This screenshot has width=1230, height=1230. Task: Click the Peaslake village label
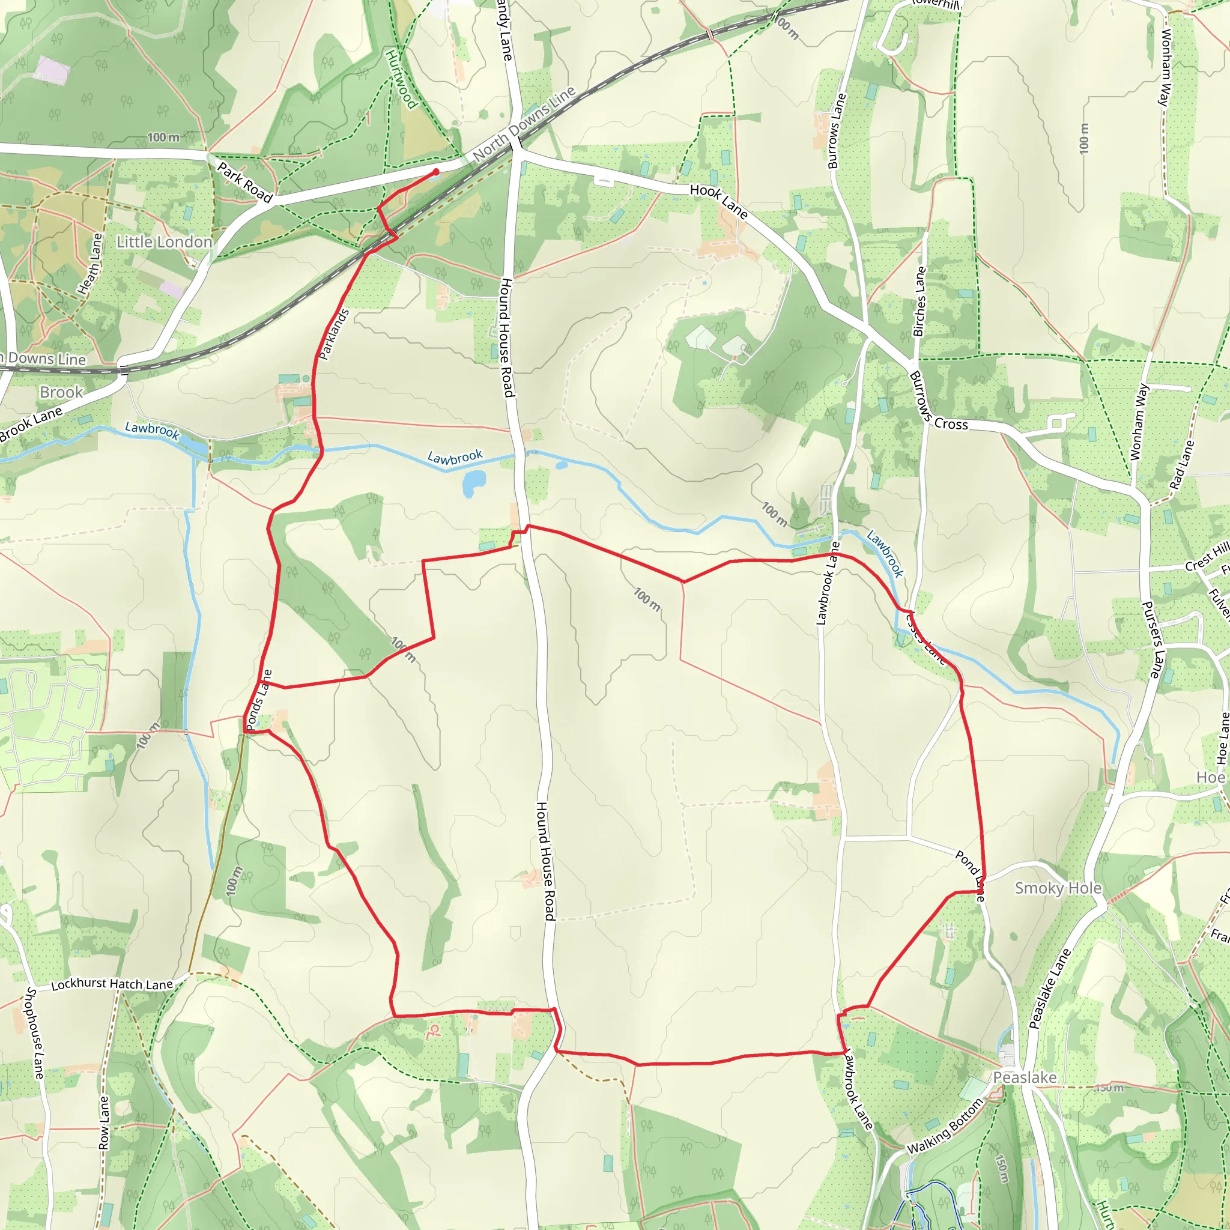(x=1025, y=1077)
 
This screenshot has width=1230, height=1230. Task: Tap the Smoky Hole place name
(x=1058, y=888)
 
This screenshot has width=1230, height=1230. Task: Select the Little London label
(x=164, y=242)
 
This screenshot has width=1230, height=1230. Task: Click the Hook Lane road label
(x=719, y=201)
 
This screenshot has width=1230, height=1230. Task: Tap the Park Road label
(x=245, y=183)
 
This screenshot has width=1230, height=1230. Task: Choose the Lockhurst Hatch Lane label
(x=112, y=984)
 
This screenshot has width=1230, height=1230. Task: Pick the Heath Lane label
(x=89, y=264)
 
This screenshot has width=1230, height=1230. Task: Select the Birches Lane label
(x=919, y=301)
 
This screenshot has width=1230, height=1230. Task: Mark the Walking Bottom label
(x=945, y=1129)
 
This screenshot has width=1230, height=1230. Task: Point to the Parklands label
(x=335, y=335)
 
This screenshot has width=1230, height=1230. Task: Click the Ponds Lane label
(x=259, y=700)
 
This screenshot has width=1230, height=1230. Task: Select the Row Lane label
(x=104, y=1122)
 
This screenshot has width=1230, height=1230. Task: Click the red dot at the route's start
(x=436, y=172)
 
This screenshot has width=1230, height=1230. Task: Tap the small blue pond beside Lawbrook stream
(x=474, y=485)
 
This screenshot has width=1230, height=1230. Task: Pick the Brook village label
(x=61, y=392)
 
